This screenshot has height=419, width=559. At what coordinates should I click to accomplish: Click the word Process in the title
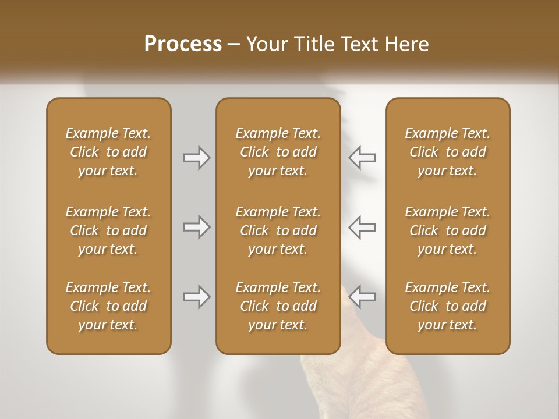click(183, 44)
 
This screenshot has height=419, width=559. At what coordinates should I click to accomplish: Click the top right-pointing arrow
click(196, 158)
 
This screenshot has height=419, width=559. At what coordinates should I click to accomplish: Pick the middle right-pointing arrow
click(196, 227)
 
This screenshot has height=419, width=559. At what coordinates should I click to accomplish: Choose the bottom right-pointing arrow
click(196, 297)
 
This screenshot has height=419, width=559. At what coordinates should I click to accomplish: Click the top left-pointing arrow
click(362, 158)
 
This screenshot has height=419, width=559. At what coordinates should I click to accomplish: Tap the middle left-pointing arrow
click(362, 227)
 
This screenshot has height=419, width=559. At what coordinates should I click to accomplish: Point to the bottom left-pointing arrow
click(362, 297)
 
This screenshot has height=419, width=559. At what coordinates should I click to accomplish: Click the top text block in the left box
click(108, 152)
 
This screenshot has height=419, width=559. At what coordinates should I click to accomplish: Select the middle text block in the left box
click(108, 230)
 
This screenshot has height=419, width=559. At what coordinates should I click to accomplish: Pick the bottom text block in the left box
click(108, 306)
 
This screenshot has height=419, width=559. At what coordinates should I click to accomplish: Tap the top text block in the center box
click(278, 152)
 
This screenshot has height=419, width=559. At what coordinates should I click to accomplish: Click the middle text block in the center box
click(278, 230)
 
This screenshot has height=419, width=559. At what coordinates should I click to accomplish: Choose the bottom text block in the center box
click(278, 306)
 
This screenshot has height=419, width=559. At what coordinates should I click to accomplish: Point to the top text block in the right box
click(448, 152)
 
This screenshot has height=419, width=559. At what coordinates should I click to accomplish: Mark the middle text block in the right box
click(448, 230)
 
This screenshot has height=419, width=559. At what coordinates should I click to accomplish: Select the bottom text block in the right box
click(448, 306)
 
